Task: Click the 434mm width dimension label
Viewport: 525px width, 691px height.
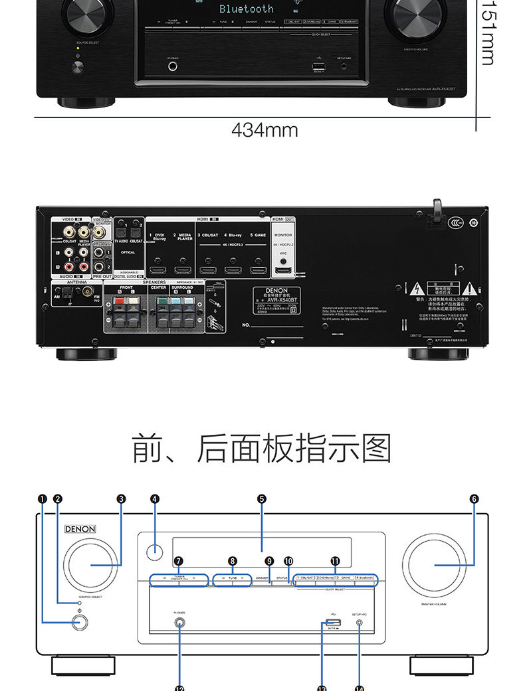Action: point(264,130)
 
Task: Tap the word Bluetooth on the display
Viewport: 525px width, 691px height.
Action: point(247,9)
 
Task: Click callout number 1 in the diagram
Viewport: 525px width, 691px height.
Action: point(43,499)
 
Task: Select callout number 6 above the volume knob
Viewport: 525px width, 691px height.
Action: point(474,499)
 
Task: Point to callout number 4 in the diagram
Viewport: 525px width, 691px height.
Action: point(154,499)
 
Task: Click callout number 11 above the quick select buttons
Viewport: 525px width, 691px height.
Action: point(335,561)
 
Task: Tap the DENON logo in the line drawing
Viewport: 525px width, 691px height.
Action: point(80,530)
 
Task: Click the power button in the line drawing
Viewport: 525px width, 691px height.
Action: point(79,622)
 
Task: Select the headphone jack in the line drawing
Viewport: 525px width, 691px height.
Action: point(179,623)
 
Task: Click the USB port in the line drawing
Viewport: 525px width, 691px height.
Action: point(334,623)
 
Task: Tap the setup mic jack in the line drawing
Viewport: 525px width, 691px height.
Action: point(360,623)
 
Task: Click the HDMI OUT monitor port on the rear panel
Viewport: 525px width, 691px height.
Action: point(284,270)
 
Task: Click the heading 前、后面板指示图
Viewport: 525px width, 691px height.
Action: point(262,449)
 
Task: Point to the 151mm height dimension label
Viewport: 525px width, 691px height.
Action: point(488,33)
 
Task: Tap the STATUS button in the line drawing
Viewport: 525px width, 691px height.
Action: point(282,578)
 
